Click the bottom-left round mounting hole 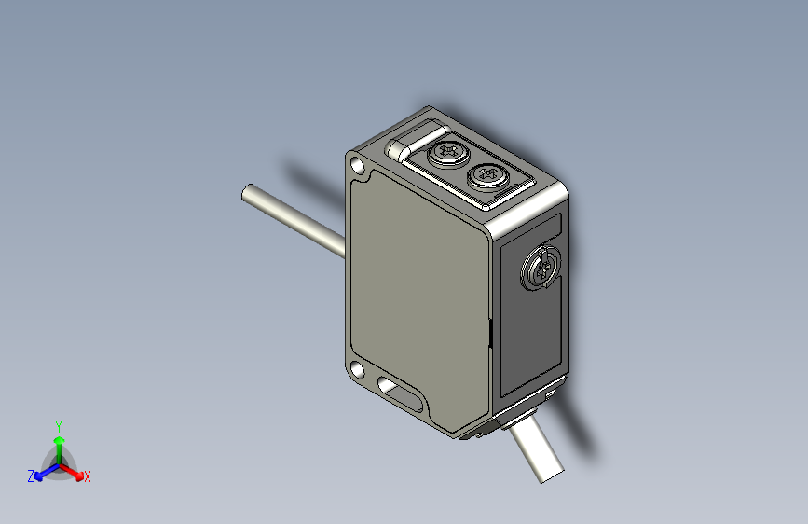point(358,369)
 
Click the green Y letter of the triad point(58,424)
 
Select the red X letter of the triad point(88,477)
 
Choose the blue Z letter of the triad point(30,476)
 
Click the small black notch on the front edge point(490,332)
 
